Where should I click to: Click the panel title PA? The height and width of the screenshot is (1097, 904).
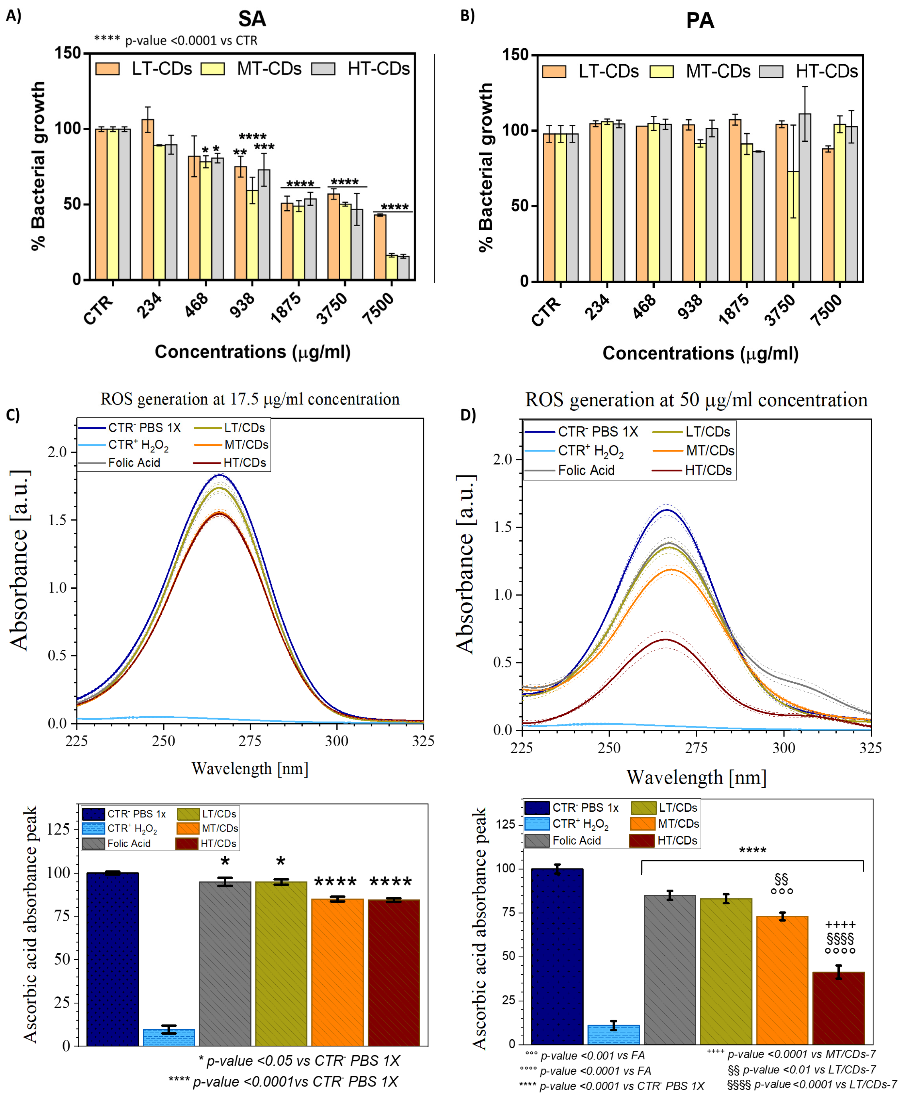(x=700, y=21)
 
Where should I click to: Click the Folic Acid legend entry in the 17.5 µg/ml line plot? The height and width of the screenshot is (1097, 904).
(x=134, y=462)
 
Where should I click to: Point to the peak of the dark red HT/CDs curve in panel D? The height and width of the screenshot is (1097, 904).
(x=665, y=639)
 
